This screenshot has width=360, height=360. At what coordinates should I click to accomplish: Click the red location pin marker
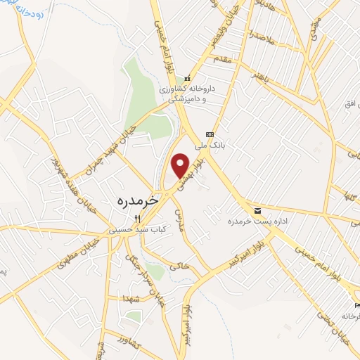[181, 165]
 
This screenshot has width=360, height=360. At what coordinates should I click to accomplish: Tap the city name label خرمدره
[141, 200]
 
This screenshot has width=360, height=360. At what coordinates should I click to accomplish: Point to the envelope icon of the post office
[257, 210]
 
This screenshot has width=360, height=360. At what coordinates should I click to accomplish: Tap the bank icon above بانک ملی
[209, 135]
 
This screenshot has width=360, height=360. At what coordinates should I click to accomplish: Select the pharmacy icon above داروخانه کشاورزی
[187, 78]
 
